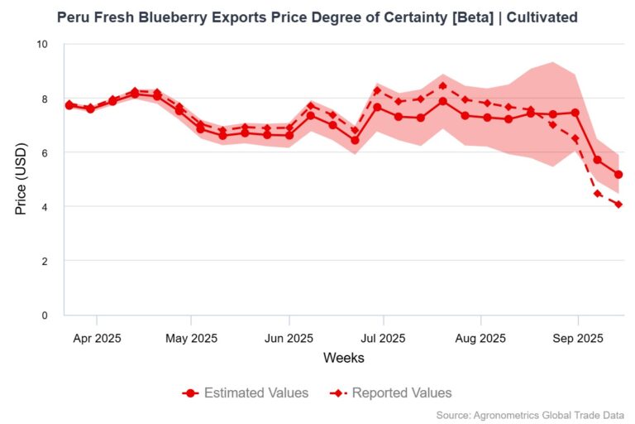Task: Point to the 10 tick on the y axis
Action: coord(44,44)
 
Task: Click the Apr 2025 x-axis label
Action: coord(97,338)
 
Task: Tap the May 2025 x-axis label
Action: coord(191,338)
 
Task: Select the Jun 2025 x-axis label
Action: coord(289,338)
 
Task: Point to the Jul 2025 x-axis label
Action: coord(383,338)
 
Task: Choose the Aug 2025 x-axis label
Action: coord(480,338)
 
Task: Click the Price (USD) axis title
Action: coord(21,179)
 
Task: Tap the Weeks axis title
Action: coord(343,359)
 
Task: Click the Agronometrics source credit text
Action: coord(529,415)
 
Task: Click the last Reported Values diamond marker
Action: coord(618,205)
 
